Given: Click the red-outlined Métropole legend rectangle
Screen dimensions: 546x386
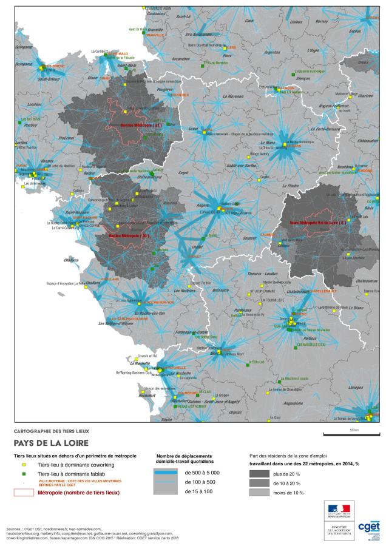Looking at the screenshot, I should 22,492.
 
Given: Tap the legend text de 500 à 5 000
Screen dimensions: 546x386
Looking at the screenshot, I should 202,472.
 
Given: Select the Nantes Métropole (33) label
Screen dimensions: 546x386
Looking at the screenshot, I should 128,235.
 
